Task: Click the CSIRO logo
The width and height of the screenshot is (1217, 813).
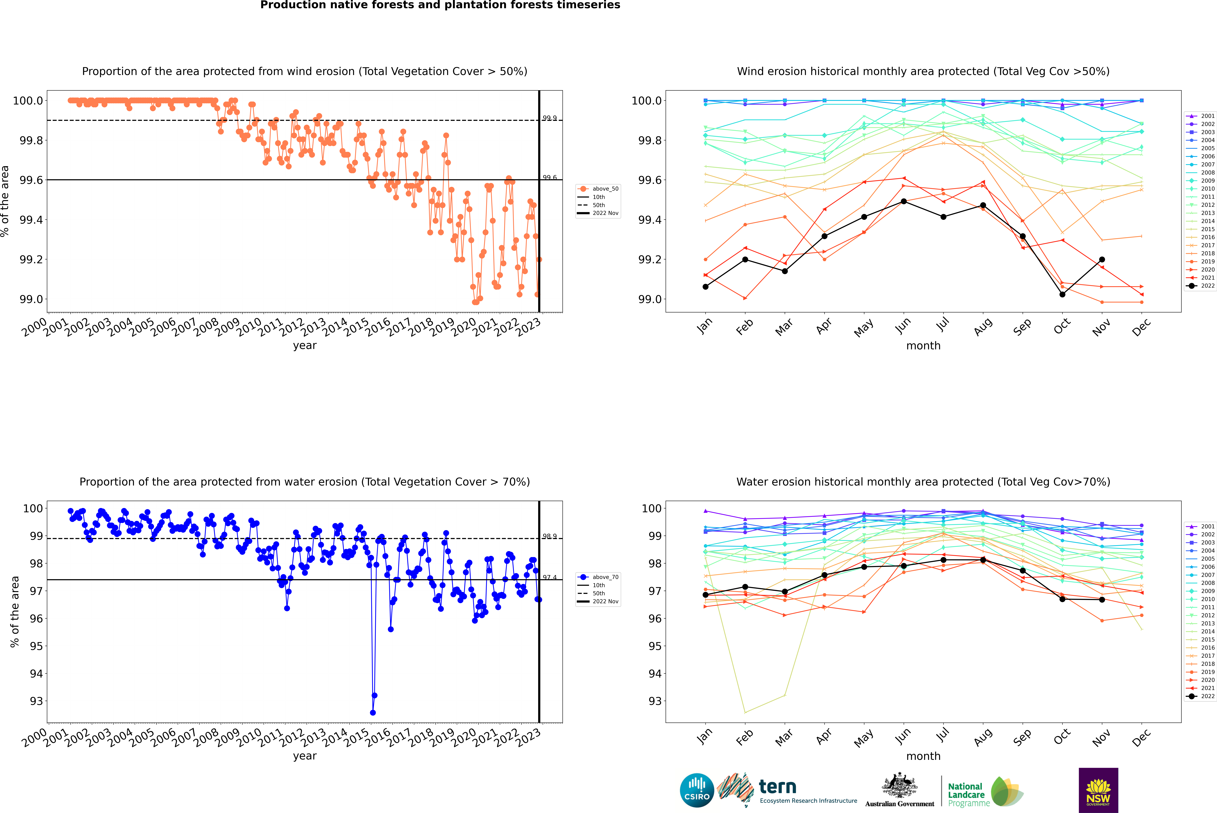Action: [697, 790]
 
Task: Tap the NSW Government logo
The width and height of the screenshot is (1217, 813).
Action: [1098, 790]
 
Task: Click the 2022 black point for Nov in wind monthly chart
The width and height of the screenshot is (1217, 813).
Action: [1102, 259]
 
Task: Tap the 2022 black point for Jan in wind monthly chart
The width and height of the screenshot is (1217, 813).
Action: [706, 287]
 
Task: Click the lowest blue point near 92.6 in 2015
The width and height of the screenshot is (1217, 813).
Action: [372, 712]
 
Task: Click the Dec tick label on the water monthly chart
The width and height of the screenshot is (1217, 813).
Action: [1141, 737]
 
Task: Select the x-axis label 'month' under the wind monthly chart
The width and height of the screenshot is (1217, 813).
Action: [923, 346]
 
